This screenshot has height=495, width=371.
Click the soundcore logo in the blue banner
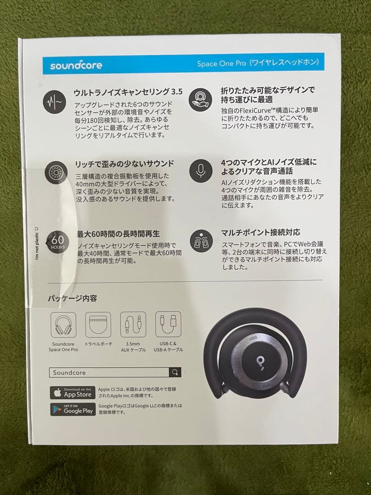[76, 65]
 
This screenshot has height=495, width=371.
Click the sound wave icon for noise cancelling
[55, 102]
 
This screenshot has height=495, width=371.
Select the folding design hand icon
[201, 100]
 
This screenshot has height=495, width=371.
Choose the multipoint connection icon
[201, 241]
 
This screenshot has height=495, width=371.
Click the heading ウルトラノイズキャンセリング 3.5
[128, 92]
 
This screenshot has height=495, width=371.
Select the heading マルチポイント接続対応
[261, 233]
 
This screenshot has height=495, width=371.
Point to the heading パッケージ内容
[72, 298]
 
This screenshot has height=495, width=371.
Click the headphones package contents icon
[63, 324]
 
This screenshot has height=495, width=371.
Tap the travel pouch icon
[98, 324]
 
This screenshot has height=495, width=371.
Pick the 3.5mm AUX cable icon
[133, 324]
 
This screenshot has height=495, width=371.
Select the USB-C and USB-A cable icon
[168, 324]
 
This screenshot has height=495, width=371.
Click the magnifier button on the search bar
[175, 372]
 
